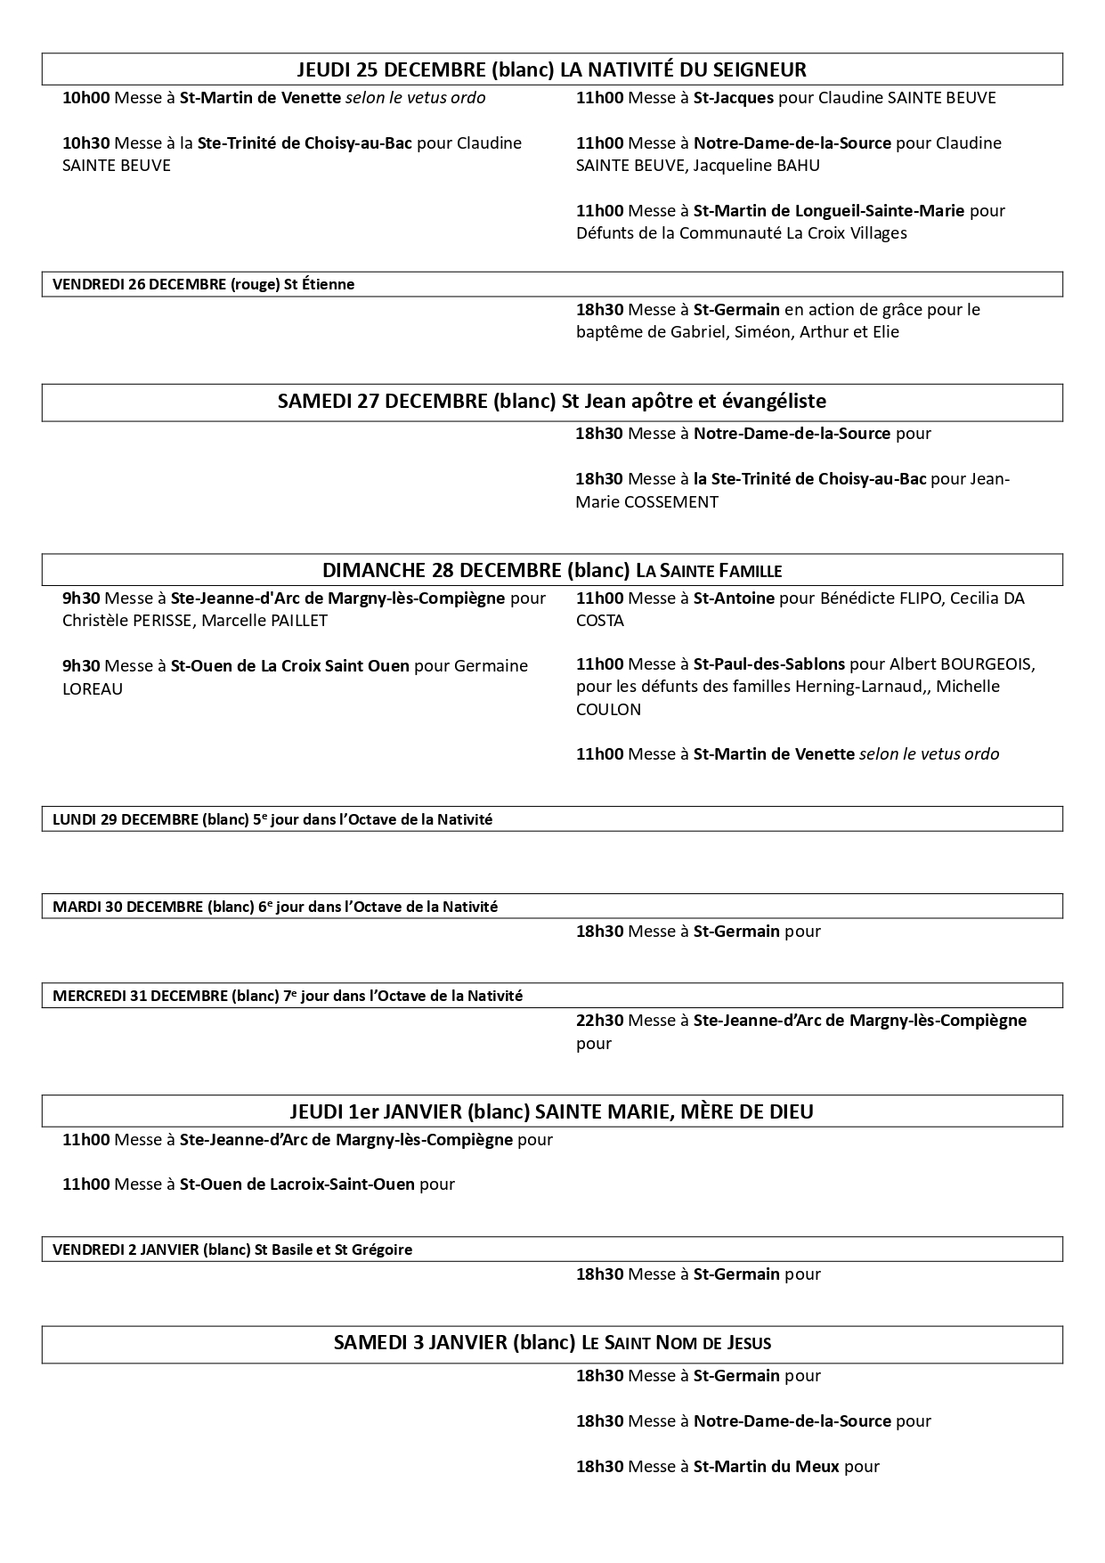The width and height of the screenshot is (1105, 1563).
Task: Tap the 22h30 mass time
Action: pyautogui.click(x=599, y=1021)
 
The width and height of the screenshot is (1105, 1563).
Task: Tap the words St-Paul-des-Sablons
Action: pyautogui.click(x=769, y=664)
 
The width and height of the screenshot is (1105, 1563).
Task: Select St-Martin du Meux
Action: pyautogui.click(x=766, y=1466)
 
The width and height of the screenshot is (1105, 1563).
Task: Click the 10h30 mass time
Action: pyautogui.click(x=85, y=143)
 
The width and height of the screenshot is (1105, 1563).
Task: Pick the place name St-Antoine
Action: pyautogui.click(x=734, y=598)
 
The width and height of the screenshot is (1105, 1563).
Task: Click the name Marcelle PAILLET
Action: pyautogui.click(x=264, y=621)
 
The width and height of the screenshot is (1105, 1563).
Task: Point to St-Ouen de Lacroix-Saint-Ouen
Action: pyautogui.click(x=297, y=1184)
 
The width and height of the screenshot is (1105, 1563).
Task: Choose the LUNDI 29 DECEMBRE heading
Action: pyautogui.click(x=125, y=819)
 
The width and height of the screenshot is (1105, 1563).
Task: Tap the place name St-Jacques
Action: pyautogui.click(x=734, y=98)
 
